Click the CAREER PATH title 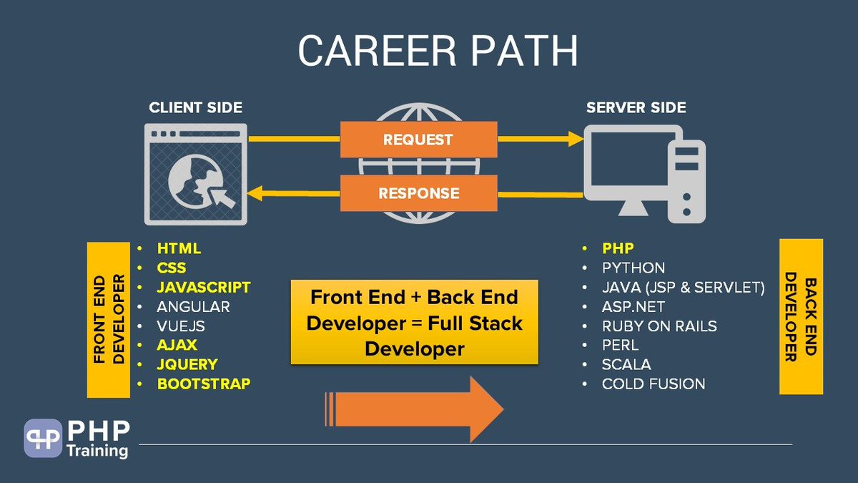(438, 52)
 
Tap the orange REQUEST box (418, 140)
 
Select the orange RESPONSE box (418, 193)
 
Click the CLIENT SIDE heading (195, 108)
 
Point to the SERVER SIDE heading (636, 108)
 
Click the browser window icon (195, 174)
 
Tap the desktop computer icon (643, 172)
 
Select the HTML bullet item (179, 249)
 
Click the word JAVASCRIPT (204, 288)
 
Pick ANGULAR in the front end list (193, 307)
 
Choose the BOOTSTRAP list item (204, 384)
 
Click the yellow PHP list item (618, 249)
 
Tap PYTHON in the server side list (633, 268)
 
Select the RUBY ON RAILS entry (659, 326)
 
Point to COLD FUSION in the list (654, 384)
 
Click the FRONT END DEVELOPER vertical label (108, 320)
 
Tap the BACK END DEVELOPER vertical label (801, 316)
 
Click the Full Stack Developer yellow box (415, 323)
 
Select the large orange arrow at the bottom (415, 408)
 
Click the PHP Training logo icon (43, 438)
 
